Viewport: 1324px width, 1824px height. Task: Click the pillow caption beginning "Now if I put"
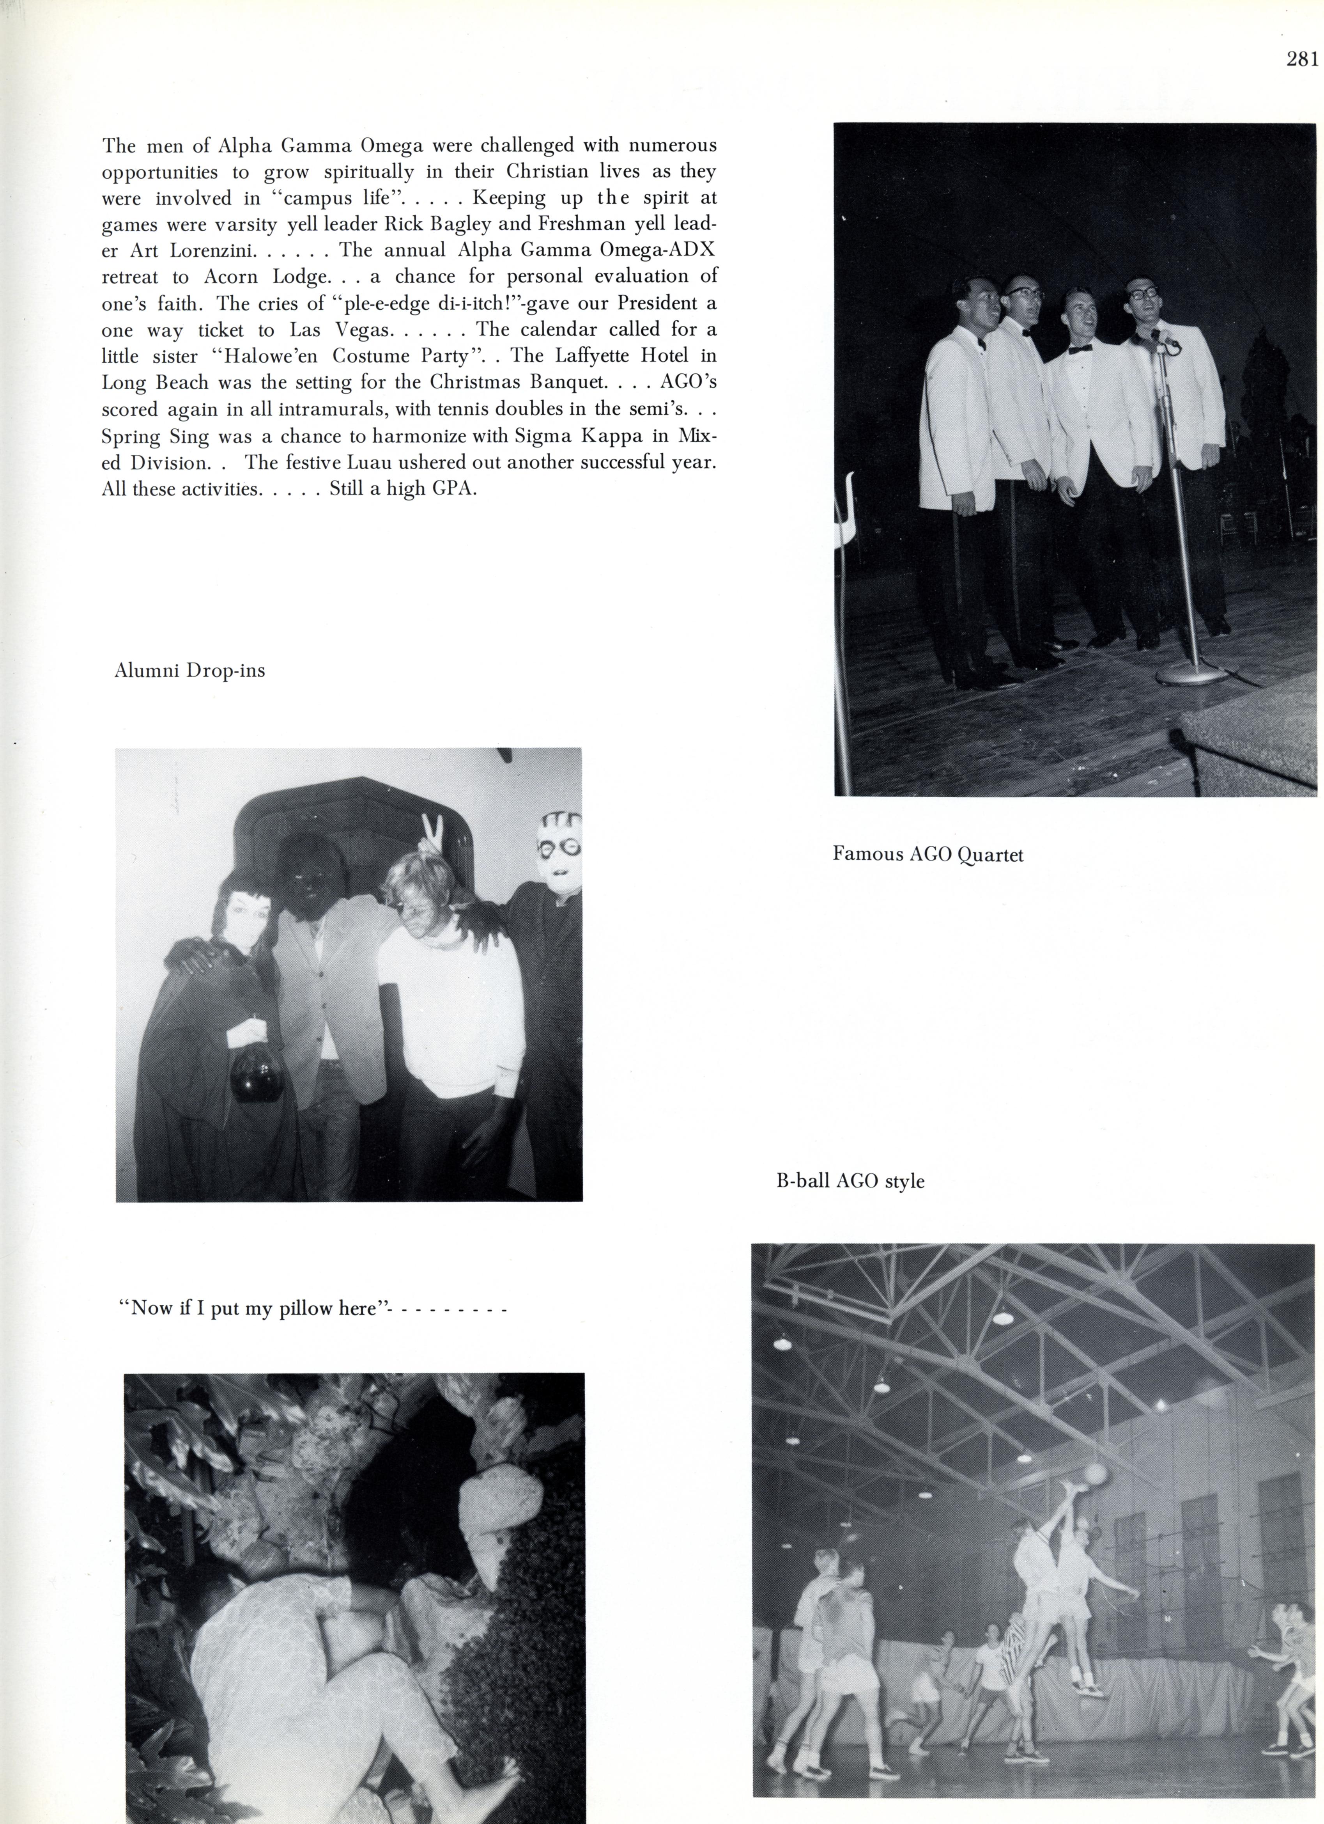click(312, 1308)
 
